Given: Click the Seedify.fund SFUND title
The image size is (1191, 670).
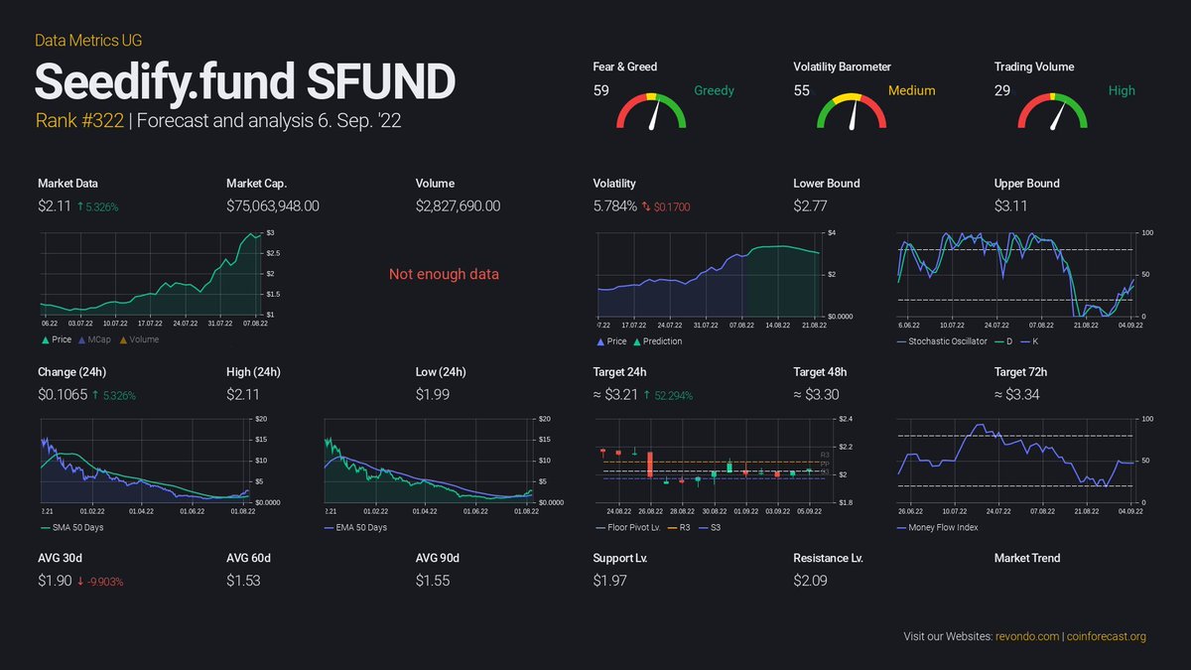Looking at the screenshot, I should (x=244, y=81).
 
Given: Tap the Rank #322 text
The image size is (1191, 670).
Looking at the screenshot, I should (x=79, y=121).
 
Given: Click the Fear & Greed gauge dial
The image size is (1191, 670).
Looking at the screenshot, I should (x=651, y=110).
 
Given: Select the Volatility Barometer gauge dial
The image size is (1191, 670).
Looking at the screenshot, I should (x=852, y=110).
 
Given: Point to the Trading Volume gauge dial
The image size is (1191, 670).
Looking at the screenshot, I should (x=1052, y=110).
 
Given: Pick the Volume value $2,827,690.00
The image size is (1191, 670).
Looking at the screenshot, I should (x=458, y=206).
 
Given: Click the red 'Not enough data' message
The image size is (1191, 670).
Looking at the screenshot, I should (x=444, y=274).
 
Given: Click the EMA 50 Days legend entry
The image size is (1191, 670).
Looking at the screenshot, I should (x=359, y=527).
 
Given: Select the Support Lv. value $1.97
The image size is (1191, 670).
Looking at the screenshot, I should (x=609, y=580).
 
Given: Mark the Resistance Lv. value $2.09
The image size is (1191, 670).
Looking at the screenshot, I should (x=810, y=580).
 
